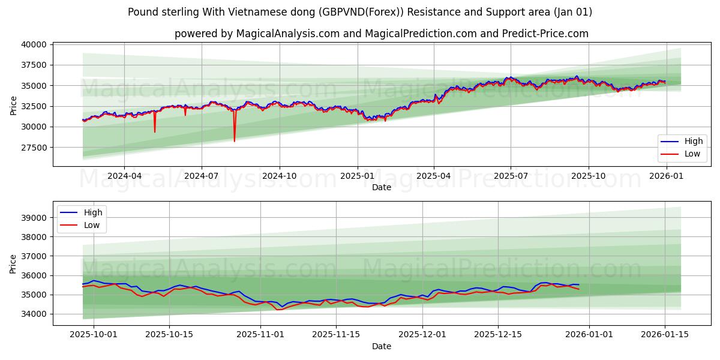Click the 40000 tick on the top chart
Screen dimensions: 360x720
click(x=34, y=44)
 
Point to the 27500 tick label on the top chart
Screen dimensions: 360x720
click(x=34, y=147)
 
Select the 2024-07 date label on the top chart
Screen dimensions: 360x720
click(x=201, y=176)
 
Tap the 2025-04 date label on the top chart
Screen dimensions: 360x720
click(x=434, y=176)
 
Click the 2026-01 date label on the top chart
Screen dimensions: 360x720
click(x=666, y=176)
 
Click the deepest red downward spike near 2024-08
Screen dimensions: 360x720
click(x=235, y=140)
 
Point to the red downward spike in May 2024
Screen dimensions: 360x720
click(x=155, y=131)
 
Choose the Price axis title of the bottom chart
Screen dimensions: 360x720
click(x=14, y=263)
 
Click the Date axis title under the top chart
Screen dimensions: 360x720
click(x=382, y=187)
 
